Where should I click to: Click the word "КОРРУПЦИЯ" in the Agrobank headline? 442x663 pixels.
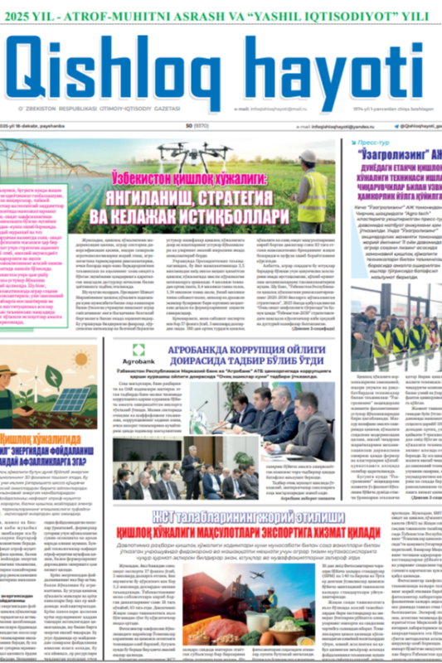tap(269, 350)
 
